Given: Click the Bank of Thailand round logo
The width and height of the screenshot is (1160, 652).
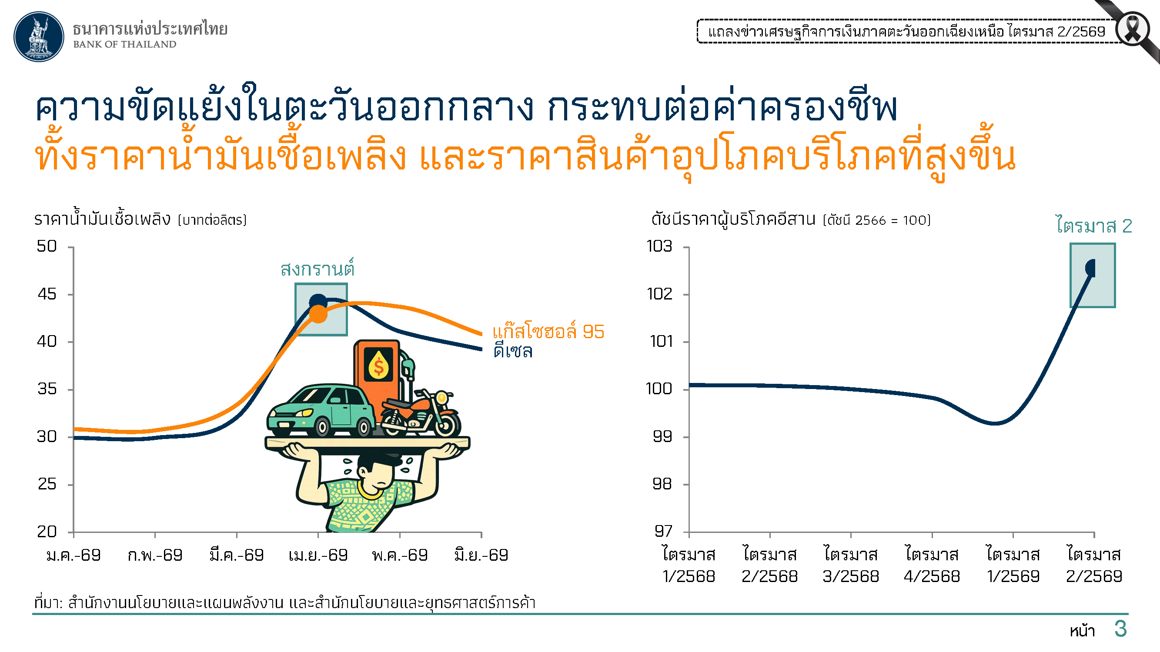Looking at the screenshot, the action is (x=39, y=37).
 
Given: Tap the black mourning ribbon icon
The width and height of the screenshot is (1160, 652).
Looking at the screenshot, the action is (x=1132, y=29).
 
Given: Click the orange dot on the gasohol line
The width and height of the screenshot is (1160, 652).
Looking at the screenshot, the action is (x=318, y=314).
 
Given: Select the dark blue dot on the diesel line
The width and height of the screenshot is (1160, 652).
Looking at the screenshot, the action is (x=318, y=302).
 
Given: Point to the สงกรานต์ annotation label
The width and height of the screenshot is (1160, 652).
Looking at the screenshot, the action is (x=318, y=269).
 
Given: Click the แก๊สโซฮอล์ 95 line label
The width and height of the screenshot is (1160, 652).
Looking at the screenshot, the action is (x=548, y=331).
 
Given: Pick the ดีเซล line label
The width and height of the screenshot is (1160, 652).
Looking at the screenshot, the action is (x=513, y=351).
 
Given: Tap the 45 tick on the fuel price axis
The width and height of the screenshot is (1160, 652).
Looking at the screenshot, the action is (x=47, y=294).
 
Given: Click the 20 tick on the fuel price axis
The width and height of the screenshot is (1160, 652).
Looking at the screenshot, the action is (x=47, y=532).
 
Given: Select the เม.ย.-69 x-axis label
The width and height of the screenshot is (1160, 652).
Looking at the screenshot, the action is (x=318, y=555).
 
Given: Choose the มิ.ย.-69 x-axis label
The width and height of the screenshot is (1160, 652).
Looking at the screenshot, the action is (x=481, y=555).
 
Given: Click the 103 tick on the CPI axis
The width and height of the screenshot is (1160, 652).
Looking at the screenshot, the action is (x=659, y=246).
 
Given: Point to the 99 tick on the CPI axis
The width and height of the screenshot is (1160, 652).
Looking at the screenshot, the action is (x=662, y=436).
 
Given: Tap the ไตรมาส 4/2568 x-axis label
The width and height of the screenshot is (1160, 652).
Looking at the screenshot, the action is (x=932, y=565).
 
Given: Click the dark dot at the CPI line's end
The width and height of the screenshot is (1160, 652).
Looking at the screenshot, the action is (x=1091, y=268).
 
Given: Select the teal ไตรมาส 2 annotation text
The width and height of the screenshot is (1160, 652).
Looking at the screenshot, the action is (x=1094, y=226).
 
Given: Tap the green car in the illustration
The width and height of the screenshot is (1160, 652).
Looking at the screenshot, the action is (x=321, y=410).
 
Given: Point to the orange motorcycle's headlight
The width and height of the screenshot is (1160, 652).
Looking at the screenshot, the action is (x=442, y=398).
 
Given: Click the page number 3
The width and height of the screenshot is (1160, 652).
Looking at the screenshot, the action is (x=1121, y=629).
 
